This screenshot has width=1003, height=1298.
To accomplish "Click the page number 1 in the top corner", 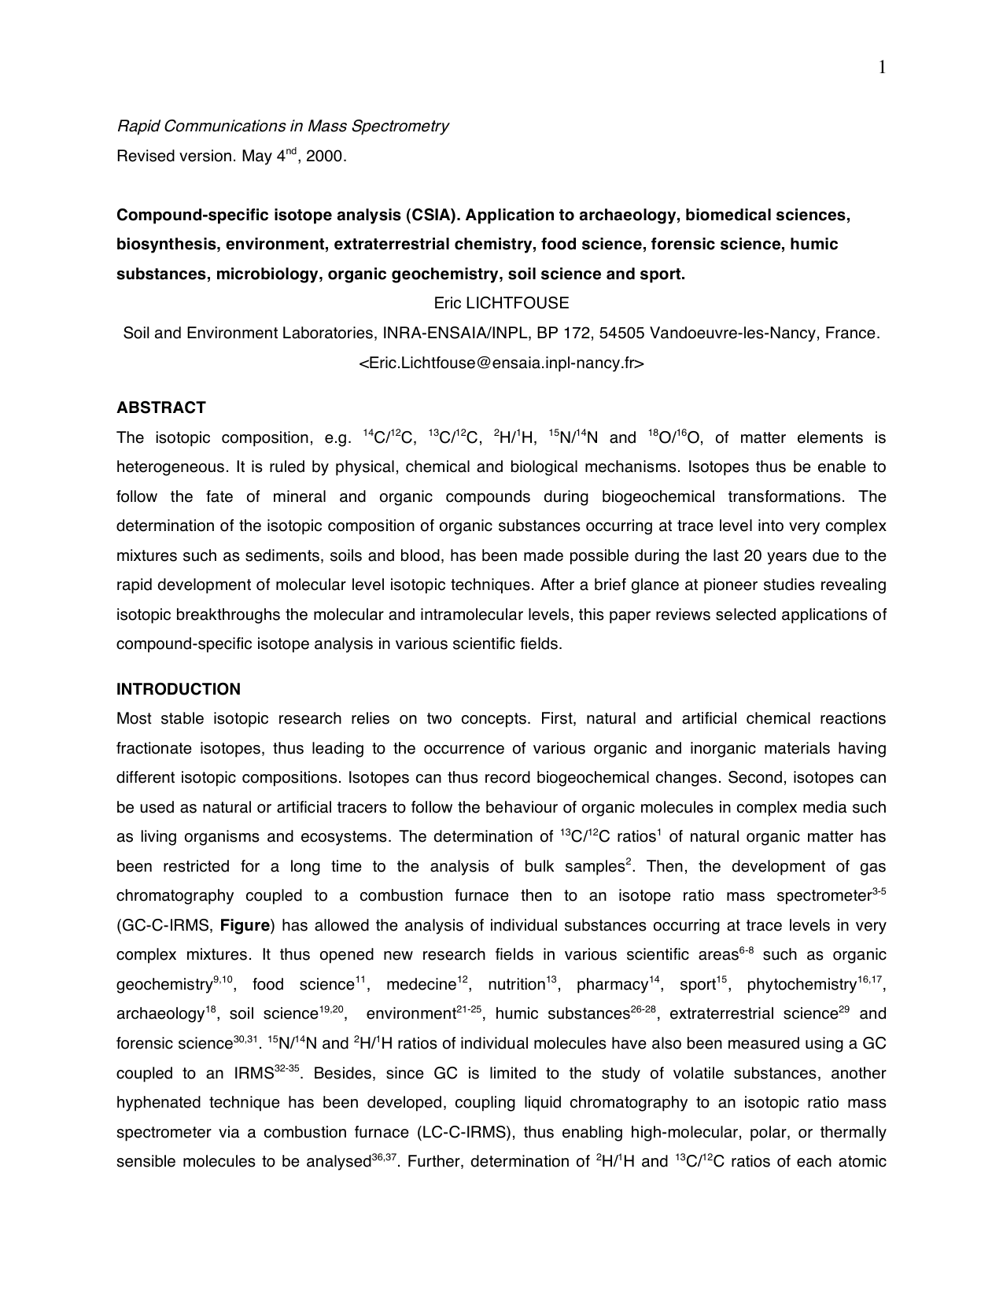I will (x=882, y=68).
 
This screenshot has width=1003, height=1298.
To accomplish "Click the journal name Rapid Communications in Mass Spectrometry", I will (x=282, y=126).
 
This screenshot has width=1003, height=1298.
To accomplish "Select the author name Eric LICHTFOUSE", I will (x=501, y=303).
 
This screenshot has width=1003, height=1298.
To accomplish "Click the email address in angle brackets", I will (x=501, y=363).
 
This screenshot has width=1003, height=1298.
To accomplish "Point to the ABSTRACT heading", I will (x=160, y=407).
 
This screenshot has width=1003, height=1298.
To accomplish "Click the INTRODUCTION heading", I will (x=178, y=689).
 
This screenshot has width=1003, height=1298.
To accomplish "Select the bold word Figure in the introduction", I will (x=245, y=925).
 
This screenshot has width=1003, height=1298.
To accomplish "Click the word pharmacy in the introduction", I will (x=611, y=985).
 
